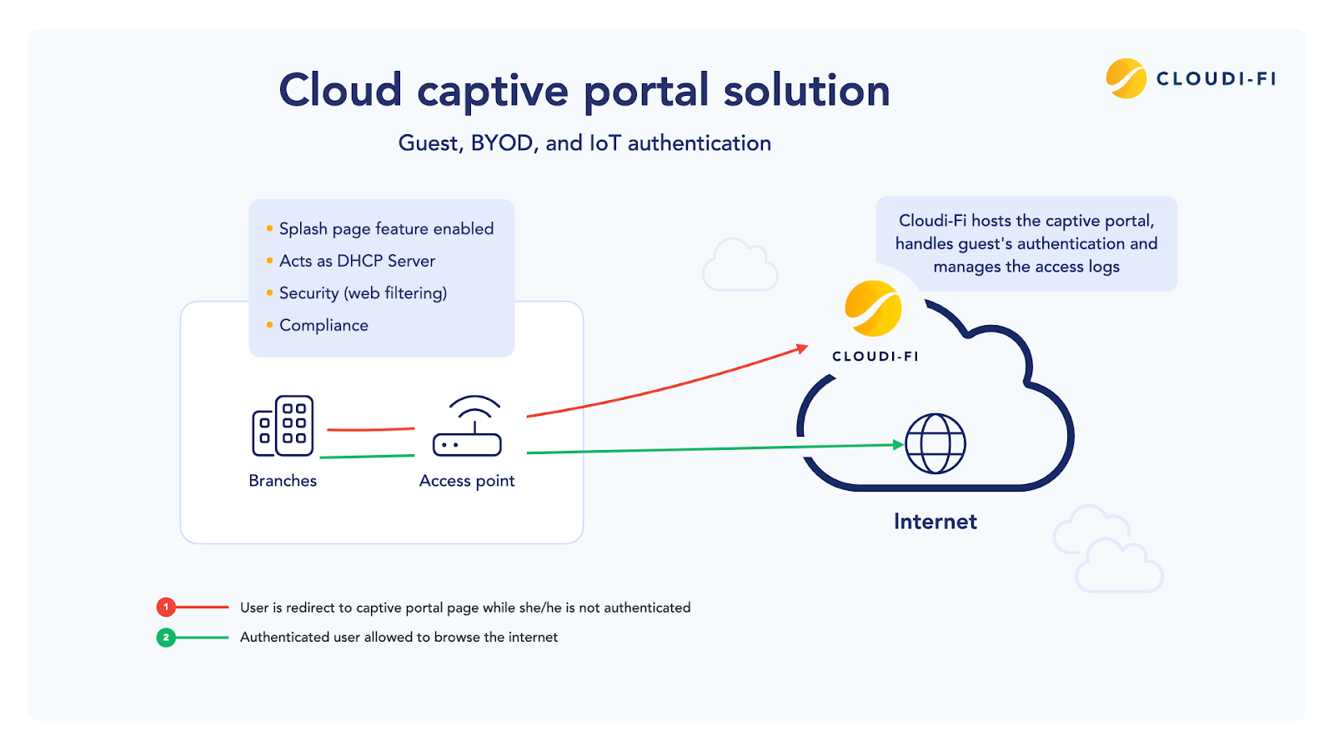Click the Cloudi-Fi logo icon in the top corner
point(1126,78)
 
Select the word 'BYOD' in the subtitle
point(502,143)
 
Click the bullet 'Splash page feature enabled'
point(386,229)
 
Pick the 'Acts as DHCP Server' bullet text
point(357,262)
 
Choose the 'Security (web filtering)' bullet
point(363,293)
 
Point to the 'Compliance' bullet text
point(323,326)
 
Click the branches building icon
point(283,426)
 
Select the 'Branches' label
point(283,481)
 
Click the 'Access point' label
point(467,481)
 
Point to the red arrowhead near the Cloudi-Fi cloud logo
point(802,348)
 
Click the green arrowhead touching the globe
point(898,445)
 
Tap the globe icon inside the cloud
point(935,443)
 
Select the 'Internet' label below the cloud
point(935,522)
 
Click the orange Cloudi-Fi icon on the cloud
point(873,309)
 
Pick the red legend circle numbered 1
point(166,607)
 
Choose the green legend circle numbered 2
point(166,637)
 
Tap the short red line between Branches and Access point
point(370,429)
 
